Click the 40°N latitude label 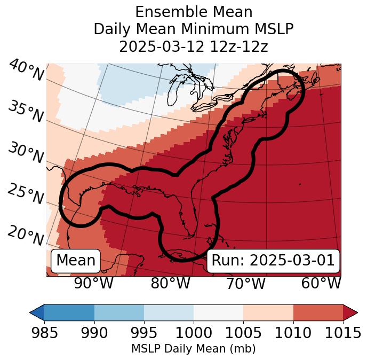point(26,71)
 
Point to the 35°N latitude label point(26,112)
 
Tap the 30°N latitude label point(26,153)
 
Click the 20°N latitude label point(26,235)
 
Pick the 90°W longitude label point(93,283)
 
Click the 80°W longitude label point(170,283)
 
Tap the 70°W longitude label point(245,283)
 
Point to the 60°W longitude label point(321,283)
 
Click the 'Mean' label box point(76,261)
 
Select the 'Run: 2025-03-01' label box point(273,261)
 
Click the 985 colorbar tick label point(44,333)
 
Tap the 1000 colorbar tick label point(194,333)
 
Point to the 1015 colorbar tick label point(342,333)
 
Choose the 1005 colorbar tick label point(243,333)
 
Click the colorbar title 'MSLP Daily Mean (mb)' point(193,349)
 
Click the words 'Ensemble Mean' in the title point(193,12)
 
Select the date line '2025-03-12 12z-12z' point(193,46)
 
